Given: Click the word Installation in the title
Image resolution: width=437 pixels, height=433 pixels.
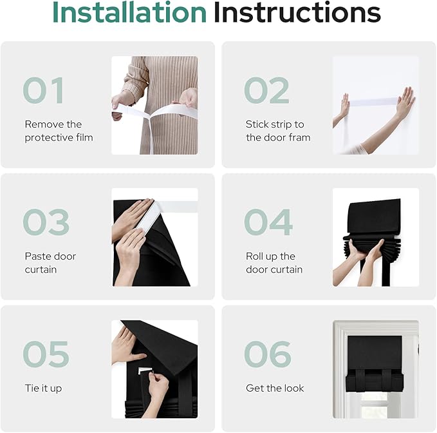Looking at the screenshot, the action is click(129, 12).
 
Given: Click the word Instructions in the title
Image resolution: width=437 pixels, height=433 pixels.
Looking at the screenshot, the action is click(297, 12).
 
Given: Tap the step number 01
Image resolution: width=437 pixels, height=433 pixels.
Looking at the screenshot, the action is click(44, 90).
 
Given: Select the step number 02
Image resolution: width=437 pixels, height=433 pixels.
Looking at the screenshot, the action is click(266, 90).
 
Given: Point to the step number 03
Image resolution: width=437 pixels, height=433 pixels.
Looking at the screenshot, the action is click(46, 222).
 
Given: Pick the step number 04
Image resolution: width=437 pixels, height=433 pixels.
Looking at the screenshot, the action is click(268, 222).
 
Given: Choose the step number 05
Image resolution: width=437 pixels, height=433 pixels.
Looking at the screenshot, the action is click(46, 354).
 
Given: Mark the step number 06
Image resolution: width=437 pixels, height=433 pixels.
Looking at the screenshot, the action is click(268, 354).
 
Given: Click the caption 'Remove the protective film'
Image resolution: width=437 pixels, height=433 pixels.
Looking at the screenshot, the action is click(59, 131).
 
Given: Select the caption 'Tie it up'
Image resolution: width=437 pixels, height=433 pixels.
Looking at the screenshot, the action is click(43, 389).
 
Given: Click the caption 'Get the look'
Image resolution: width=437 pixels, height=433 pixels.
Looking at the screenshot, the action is click(275, 388).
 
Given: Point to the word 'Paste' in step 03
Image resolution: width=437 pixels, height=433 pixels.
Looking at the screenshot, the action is click(37, 256).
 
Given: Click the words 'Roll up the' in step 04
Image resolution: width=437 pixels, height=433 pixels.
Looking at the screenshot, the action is click(270, 256).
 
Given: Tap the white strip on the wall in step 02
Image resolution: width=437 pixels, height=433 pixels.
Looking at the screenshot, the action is click(373, 102).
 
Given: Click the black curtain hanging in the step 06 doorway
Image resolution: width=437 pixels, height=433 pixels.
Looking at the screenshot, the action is click(375, 363).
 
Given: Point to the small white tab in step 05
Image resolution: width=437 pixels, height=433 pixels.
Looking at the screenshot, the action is click(145, 370).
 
